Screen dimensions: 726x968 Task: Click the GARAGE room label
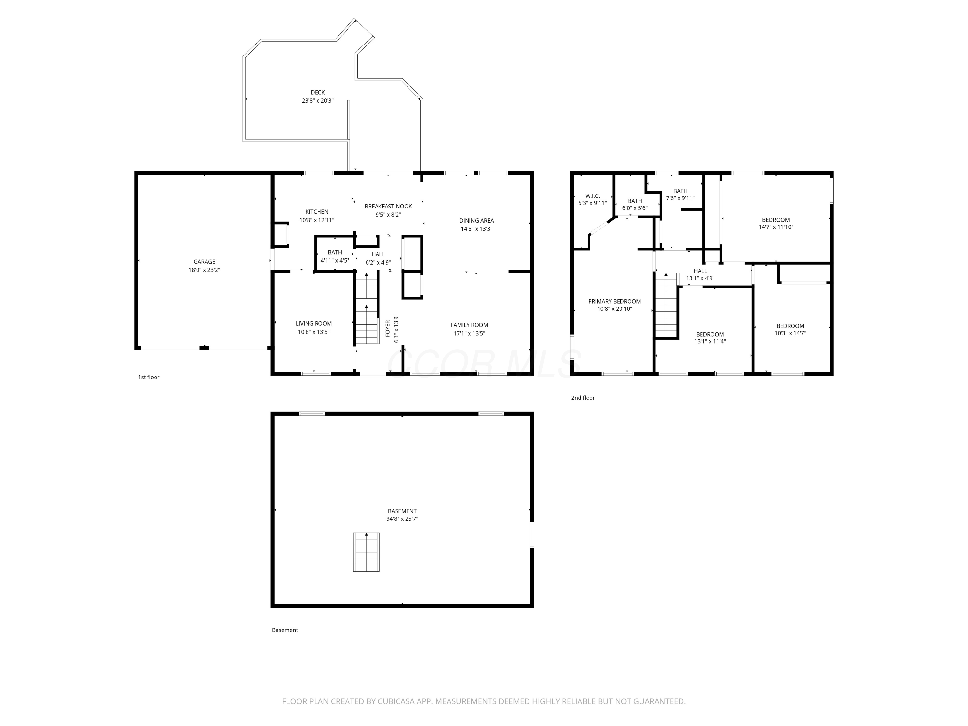tap(204, 262)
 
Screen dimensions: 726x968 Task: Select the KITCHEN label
tap(317, 212)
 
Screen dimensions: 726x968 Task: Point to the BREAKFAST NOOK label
tap(388, 207)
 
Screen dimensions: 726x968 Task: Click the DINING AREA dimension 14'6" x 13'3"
tap(476, 229)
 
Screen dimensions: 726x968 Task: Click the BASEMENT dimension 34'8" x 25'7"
tap(402, 519)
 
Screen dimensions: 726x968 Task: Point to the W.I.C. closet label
tap(592, 196)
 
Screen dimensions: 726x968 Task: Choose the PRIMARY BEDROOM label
tap(614, 301)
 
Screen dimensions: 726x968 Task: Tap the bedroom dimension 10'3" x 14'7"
tap(790, 333)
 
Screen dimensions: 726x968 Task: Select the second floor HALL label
tap(700, 271)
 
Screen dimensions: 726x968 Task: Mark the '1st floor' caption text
tap(149, 377)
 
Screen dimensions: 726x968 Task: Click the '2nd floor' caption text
tap(583, 398)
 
